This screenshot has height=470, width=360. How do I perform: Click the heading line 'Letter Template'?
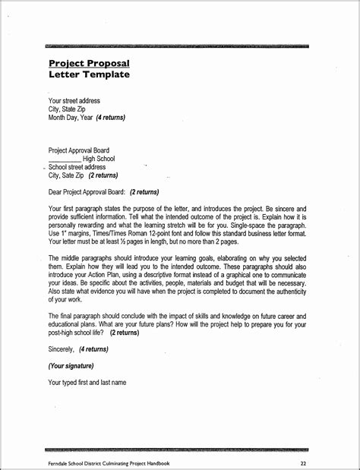tap(89, 74)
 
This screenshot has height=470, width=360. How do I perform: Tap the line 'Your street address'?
tap(74, 101)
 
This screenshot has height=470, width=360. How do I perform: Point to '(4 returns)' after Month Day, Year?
tap(111, 118)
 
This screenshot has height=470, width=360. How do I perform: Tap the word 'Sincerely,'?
tap(62, 349)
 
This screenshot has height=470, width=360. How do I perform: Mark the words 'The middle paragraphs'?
tap(78, 259)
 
